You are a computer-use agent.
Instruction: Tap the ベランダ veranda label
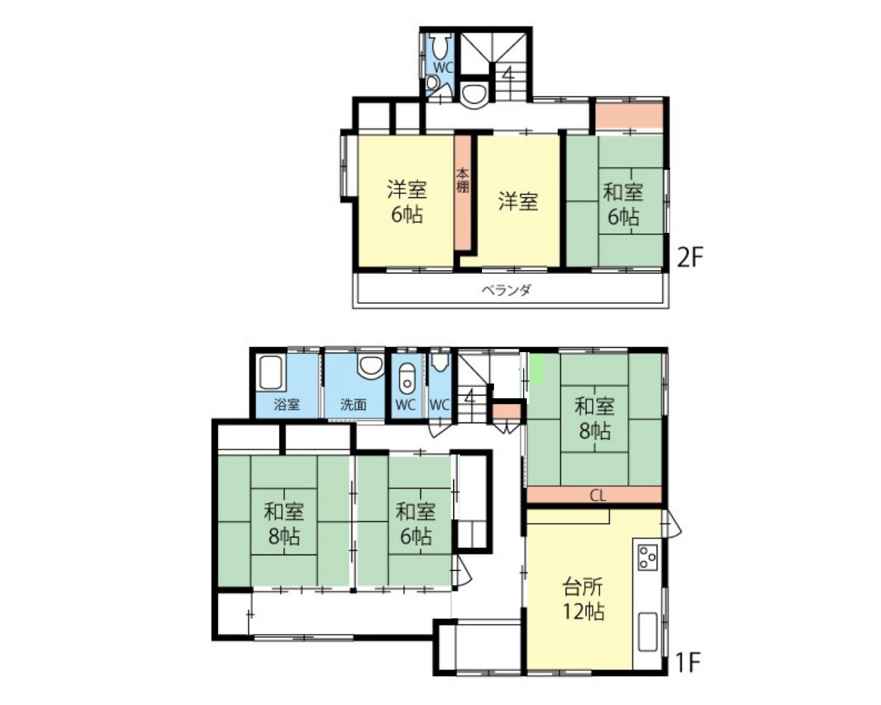click(x=506, y=290)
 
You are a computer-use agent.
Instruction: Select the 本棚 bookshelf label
click(x=463, y=180)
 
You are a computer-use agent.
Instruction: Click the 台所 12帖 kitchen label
click(x=584, y=599)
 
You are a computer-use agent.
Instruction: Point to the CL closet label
click(x=597, y=496)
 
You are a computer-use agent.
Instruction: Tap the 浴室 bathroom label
click(x=287, y=405)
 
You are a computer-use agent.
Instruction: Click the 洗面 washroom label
click(x=354, y=405)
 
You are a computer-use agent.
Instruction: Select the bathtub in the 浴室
click(x=271, y=372)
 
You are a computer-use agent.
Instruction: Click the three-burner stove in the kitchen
click(x=647, y=557)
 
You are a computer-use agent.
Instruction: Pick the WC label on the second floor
click(x=444, y=67)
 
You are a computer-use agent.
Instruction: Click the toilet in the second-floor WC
click(x=440, y=46)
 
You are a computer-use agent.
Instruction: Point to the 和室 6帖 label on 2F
click(x=623, y=204)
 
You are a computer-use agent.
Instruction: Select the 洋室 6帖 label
click(x=407, y=202)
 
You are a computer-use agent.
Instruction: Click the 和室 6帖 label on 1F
click(x=415, y=523)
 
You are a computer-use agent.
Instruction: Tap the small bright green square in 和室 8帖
click(x=537, y=369)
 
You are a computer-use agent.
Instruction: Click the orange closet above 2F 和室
click(x=629, y=116)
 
